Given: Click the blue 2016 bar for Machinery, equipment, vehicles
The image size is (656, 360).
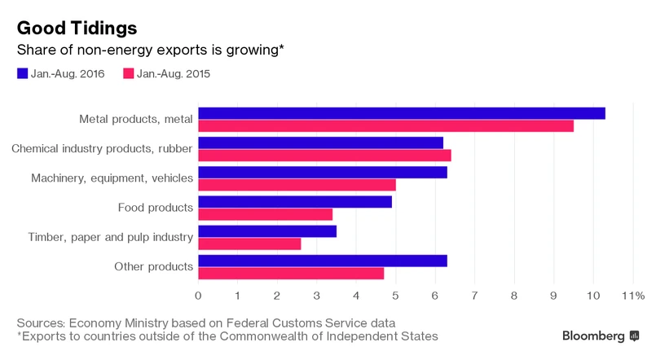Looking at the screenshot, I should (x=323, y=173).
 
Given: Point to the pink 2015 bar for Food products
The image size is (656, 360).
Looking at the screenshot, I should (x=265, y=214).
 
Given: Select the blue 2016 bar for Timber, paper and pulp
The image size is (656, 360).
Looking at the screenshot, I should (x=267, y=231).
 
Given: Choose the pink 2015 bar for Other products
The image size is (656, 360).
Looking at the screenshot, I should (x=291, y=273).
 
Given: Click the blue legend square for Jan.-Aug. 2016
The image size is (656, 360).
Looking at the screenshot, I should (x=22, y=74).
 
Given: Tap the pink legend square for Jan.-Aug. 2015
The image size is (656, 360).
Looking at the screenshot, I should (x=128, y=74).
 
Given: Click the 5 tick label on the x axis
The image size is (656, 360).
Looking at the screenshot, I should (x=395, y=295).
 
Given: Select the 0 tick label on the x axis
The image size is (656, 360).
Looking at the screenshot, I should (x=198, y=295).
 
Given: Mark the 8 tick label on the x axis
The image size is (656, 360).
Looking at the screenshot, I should (x=514, y=295).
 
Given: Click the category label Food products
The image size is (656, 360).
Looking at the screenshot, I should (x=156, y=208).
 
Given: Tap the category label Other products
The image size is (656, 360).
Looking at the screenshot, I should (x=154, y=266).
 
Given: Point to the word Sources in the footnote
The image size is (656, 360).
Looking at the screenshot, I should (x=42, y=322).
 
